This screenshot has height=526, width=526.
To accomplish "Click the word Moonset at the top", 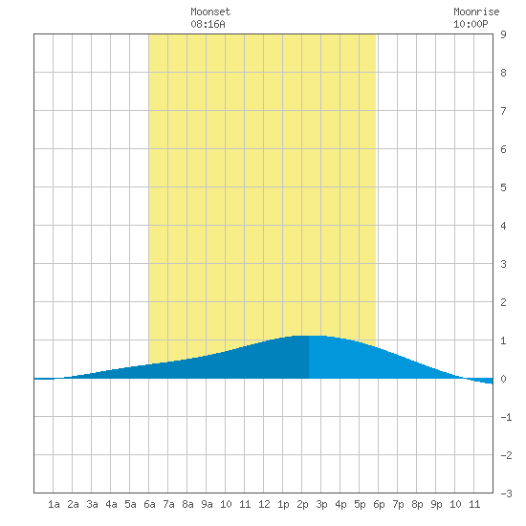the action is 210,11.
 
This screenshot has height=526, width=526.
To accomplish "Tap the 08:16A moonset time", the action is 208,24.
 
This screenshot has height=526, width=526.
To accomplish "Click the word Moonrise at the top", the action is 476,11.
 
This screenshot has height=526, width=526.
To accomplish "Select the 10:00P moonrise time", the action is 471,24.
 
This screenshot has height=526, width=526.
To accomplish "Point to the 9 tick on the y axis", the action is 503,34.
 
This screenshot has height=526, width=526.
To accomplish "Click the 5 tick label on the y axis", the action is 503,187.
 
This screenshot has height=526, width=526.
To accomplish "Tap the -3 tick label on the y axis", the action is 506,493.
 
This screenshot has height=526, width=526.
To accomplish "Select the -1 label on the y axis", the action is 506,417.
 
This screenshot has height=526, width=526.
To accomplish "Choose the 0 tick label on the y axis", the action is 503,379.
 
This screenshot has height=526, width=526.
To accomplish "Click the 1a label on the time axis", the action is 54,504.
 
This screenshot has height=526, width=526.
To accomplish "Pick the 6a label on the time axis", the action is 149,504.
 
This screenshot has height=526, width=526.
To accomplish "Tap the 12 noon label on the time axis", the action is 264,504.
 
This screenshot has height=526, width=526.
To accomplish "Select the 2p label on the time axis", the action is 302,504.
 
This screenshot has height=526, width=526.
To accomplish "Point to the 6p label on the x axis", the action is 379,504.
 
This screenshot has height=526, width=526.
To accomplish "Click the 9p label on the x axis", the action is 436,504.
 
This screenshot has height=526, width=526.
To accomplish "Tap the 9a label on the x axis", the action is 207,504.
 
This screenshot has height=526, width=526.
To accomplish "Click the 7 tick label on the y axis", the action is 503,111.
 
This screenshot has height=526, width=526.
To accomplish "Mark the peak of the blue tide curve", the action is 309,336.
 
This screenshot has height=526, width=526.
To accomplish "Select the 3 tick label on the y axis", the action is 503,264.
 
